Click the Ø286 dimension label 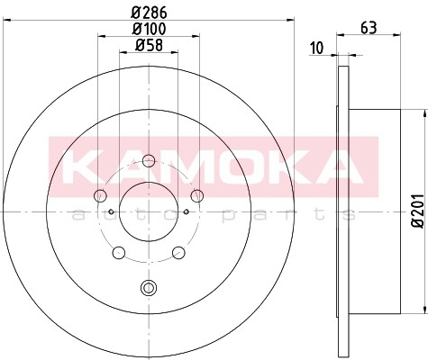pos(149,13)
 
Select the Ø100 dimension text pos(149,29)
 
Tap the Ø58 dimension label pos(149,46)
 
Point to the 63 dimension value pos(369,28)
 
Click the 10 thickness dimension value pos(316,49)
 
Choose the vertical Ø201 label pos(418,211)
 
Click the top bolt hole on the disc pos(149,161)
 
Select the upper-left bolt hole pos(100,196)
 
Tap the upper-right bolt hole pos(197,196)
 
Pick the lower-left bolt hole pos(119,253)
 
